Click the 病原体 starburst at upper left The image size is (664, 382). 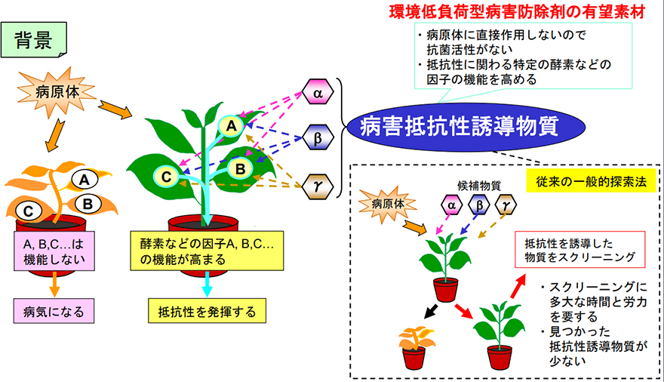click(55, 93)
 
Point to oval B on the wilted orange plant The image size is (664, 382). click(88, 203)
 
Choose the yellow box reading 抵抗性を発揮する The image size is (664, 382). click(207, 310)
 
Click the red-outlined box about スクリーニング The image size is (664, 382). click(578, 250)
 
